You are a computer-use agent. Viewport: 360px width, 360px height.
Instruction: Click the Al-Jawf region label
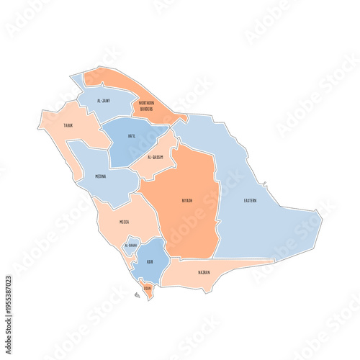coord(104,102)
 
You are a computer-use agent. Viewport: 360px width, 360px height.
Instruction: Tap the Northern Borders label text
coord(146,107)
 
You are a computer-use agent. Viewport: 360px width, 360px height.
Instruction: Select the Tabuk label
coord(68,125)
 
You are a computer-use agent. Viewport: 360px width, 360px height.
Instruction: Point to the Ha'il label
coord(131,136)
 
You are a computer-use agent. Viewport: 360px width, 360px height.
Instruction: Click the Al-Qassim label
coord(155,157)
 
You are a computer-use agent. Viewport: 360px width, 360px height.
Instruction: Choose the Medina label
coord(101,176)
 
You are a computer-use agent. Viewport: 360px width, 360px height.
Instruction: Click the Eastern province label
coord(250,200)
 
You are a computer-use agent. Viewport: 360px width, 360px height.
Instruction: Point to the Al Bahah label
coord(130,246)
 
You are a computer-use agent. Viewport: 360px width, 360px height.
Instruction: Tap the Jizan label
coord(147,288)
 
